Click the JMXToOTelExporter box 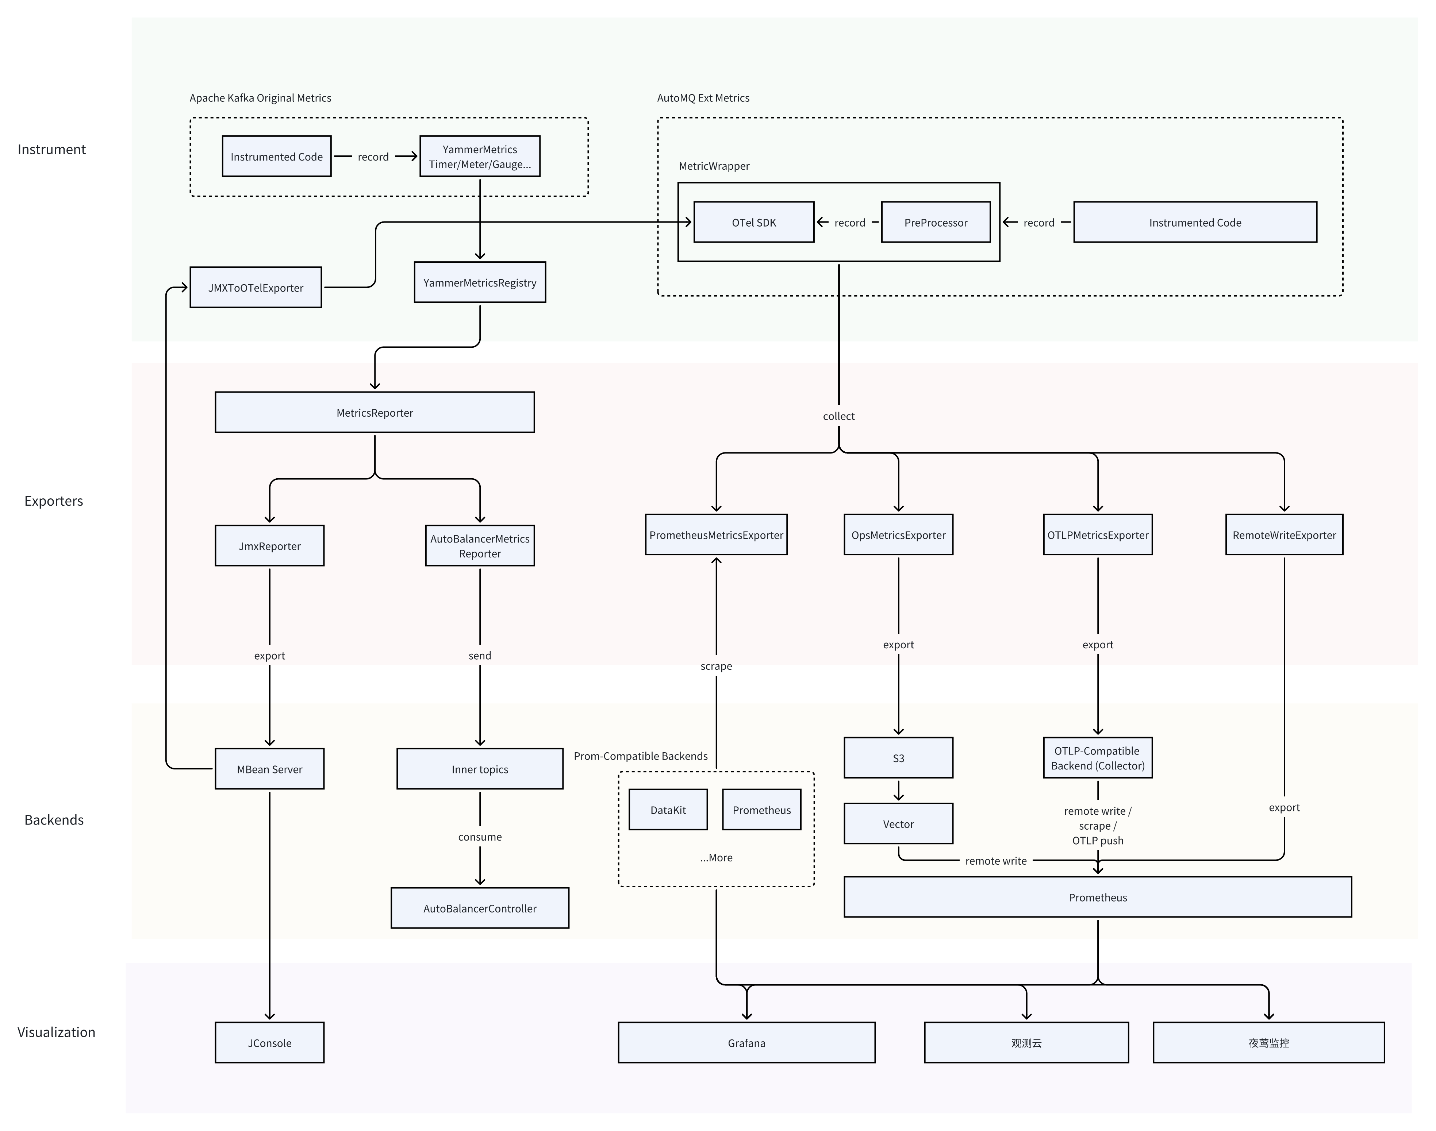pyautogui.click(x=256, y=287)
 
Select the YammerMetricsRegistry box pyautogui.click(x=480, y=282)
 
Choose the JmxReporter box pyautogui.click(x=270, y=546)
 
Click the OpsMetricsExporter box pyautogui.click(x=898, y=534)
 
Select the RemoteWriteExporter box pyautogui.click(x=1284, y=534)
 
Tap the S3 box pyautogui.click(x=898, y=757)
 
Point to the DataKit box pyautogui.click(x=668, y=809)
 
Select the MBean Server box pyautogui.click(x=270, y=769)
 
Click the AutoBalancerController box pyautogui.click(x=480, y=908)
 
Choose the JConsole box pyautogui.click(x=270, y=1042)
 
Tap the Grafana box pyautogui.click(x=746, y=1042)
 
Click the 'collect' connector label pyautogui.click(x=838, y=416)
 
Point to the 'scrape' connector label pyautogui.click(x=716, y=665)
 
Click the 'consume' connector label pyautogui.click(x=480, y=836)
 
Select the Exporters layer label pyautogui.click(x=54, y=501)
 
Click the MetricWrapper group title pyautogui.click(x=714, y=166)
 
